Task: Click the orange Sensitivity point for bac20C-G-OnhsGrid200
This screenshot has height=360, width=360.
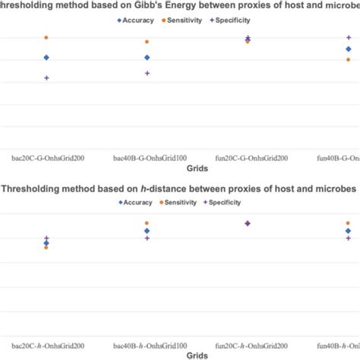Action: coord(46,37)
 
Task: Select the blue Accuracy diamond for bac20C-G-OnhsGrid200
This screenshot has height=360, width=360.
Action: coord(46,58)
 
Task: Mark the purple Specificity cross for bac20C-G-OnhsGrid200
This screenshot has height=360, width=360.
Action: coord(46,78)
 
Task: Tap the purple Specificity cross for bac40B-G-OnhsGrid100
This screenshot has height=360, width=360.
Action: coord(147,74)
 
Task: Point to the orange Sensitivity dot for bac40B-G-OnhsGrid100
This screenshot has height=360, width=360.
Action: coord(147,42)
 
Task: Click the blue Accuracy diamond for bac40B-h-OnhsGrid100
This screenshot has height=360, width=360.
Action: coord(147,231)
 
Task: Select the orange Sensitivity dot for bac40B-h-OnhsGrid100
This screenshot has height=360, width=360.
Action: coord(147,223)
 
